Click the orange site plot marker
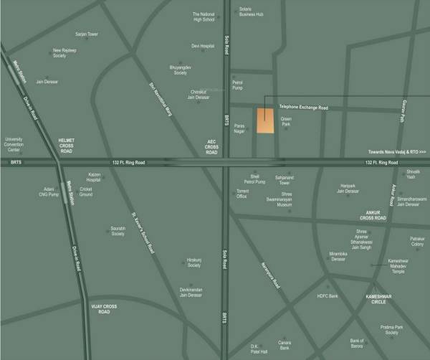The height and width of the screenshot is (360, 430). (x=266, y=121)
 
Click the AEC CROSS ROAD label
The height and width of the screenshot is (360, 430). (x=211, y=148)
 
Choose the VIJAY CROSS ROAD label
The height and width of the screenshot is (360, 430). (x=100, y=308)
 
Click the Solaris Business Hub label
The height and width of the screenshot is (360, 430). (x=251, y=11)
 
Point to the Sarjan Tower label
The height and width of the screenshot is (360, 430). (x=86, y=34)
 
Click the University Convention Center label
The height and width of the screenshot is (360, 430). (x=14, y=145)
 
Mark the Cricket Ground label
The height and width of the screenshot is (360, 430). (x=85, y=191)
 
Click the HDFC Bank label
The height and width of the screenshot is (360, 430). (x=326, y=295)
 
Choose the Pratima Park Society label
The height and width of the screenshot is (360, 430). (x=391, y=330)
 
